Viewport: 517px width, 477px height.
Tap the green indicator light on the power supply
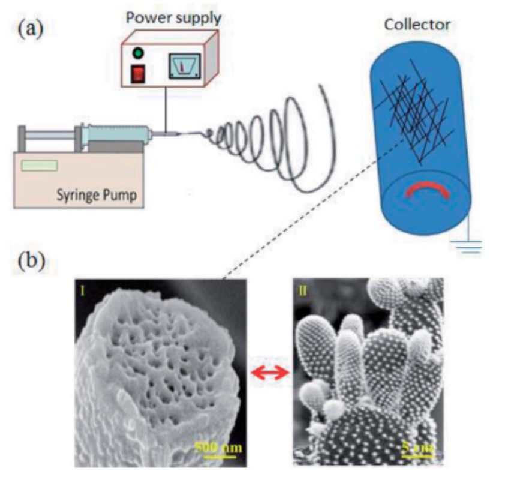pyautogui.click(x=139, y=53)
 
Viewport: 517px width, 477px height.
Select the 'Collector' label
pyautogui.click(x=418, y=25)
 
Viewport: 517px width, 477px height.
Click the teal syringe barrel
pyautogui.click(x=117, y=134)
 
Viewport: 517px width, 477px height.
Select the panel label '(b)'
pyautogui.click(x=31, y=262)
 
